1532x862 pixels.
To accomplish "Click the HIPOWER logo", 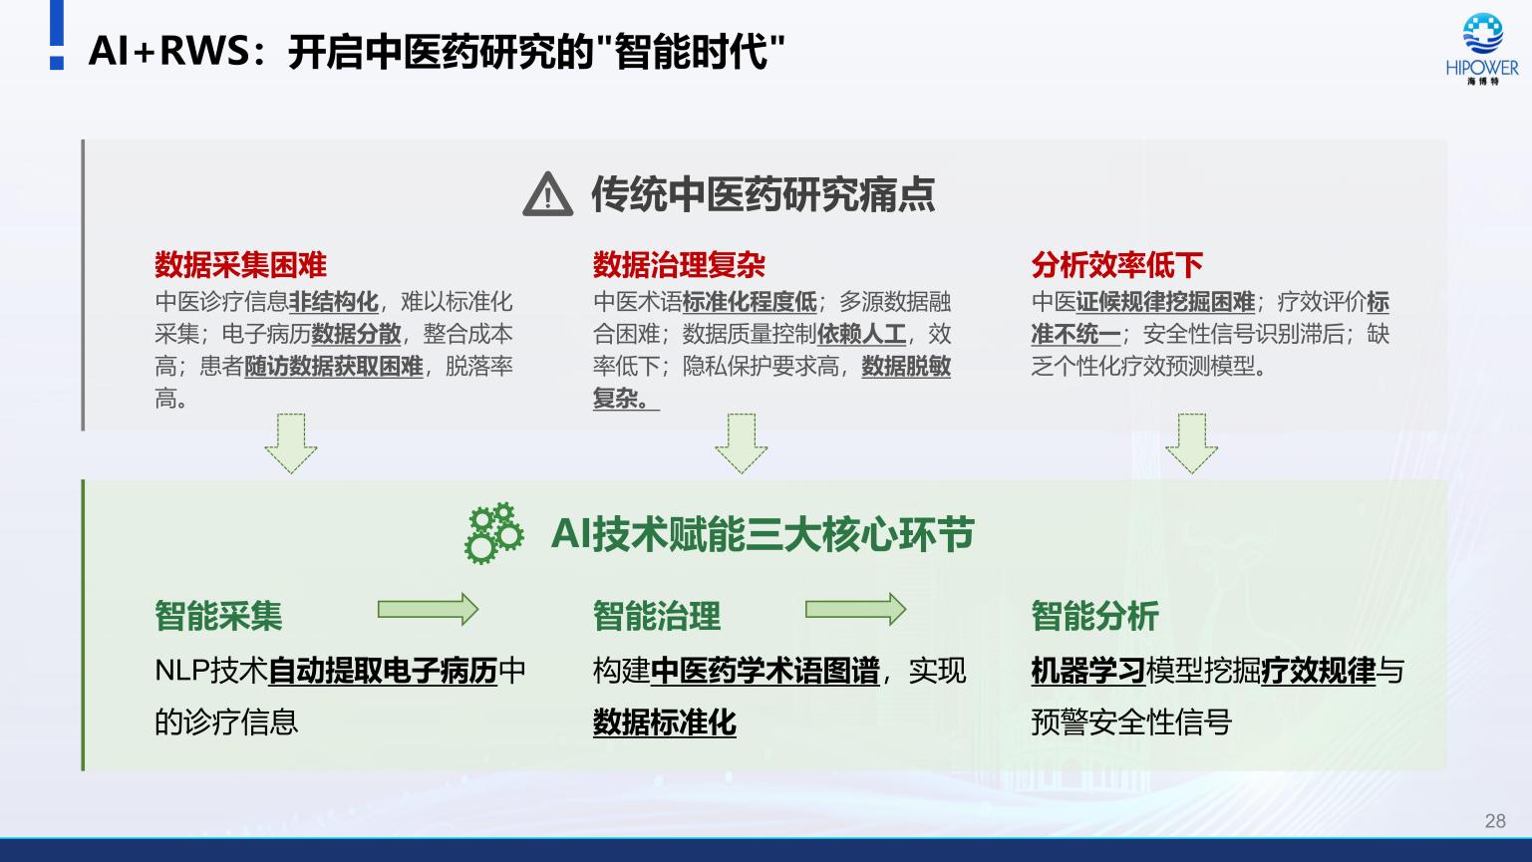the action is click(x=1482, y=49).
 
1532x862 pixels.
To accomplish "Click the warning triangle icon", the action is click(x=548, y=194).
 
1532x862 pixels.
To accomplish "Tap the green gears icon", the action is click(x=493, y=533).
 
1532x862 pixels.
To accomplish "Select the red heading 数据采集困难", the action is click(x=241, y=264).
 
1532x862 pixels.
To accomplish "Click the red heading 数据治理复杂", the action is click(x=679, y=264).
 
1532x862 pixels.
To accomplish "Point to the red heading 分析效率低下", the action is click(x=1117, y=264).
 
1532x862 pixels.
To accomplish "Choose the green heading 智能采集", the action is click(x=218, y=615).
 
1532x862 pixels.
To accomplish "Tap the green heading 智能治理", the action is click(x=657, y=615).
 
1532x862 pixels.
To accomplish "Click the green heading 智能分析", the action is click(x=1095, y=615).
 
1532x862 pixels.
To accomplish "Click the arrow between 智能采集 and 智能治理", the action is click(x=429, y=609).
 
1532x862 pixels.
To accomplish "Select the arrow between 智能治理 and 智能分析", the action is click(x=855, y=609).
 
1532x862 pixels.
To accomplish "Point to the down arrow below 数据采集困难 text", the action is click(x=291, y=443).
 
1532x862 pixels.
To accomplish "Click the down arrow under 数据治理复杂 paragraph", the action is click(x=742, y=443).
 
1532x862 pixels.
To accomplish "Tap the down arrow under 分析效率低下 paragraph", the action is click(x=1191, y=443).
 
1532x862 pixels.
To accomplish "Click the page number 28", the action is click(x=1495, y=821).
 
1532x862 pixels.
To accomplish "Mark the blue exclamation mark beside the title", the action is click(x=57, y=35).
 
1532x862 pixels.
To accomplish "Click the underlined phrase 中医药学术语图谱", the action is click(x=765, y=671).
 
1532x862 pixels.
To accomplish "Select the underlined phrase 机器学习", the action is click(x=1088, y=671).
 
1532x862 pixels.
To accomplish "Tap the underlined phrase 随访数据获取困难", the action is click(x=334, y=367).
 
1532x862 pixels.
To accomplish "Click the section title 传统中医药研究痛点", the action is click(x=764, y=194).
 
